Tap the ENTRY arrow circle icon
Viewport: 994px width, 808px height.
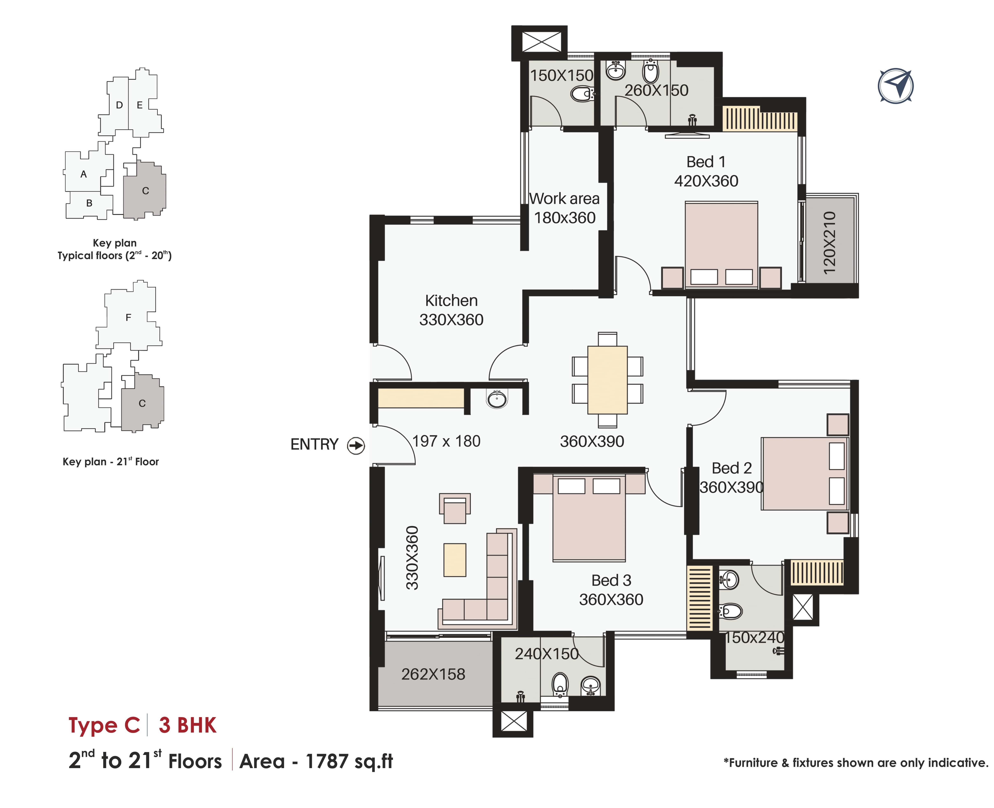[x=356, y=445]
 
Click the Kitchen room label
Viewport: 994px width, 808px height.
[x=451, y=301]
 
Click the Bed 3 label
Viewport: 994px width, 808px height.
[x=611, y=580]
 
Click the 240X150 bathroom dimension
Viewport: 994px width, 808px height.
[x=547, y=654]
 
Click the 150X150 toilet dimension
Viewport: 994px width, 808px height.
[x=562, y=75]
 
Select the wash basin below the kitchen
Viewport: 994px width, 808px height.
[x=497, y=399]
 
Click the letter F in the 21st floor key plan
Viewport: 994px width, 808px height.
[x=129, y=317]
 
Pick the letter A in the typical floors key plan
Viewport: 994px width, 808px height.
[x=84, y=174]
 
